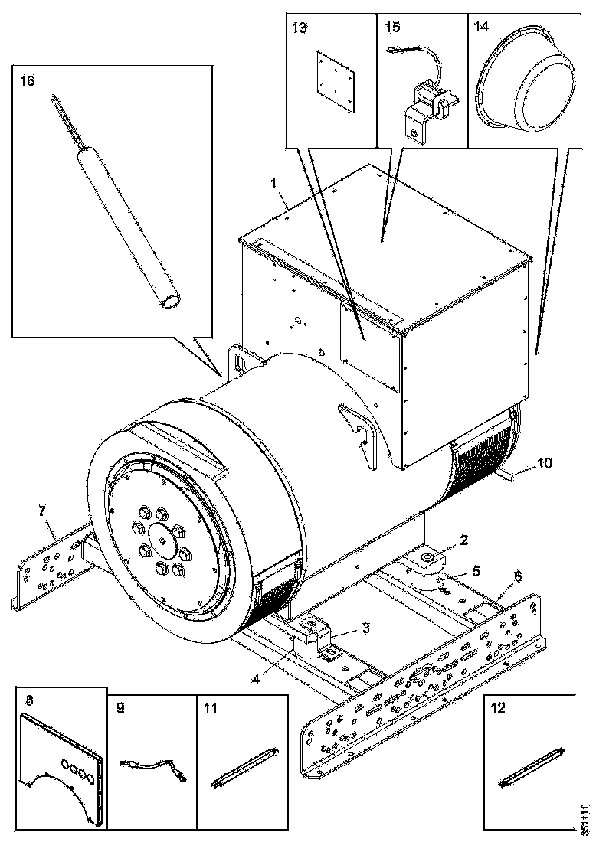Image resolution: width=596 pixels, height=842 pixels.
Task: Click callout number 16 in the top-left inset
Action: [x=26, y=80]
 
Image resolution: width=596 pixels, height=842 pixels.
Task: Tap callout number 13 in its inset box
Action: [x=300, y=28]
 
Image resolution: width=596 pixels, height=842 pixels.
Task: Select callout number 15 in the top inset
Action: [x=393, y=27]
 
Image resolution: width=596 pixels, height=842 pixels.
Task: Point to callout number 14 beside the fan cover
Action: [x=482, y=27]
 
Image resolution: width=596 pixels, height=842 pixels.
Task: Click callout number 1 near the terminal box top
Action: [x=273, y=183]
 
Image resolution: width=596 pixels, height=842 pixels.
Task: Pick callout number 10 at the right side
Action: [x=545, y=463]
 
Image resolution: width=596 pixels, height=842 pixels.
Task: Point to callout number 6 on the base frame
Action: [x=518, y=576]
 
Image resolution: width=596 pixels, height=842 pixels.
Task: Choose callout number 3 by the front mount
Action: [x=365, y=628]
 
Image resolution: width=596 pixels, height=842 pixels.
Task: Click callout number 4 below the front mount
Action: [x=257, y=679]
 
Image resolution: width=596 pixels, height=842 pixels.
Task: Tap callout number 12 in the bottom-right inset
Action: [x=498, y=708]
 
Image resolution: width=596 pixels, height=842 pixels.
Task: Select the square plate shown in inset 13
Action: [x=336, y=83]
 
